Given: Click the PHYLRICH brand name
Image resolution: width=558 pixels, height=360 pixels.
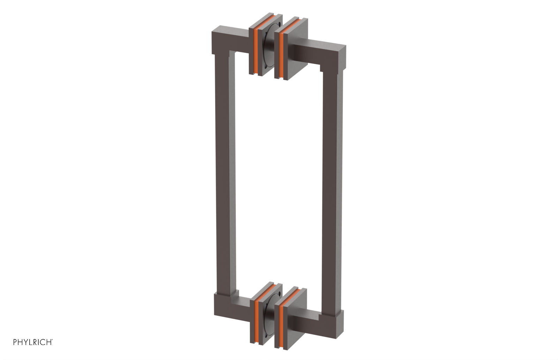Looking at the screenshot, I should point(33,342).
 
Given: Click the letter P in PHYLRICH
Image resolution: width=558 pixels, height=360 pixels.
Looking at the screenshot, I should point(15,342).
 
